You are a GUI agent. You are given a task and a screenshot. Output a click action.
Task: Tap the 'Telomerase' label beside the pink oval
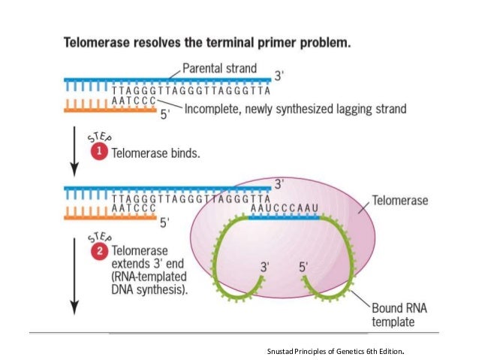tap(400, 201)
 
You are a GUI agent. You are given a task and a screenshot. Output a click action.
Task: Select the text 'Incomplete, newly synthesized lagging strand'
tap(295, 109)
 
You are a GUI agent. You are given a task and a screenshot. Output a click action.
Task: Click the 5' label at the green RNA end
tap(304, 266)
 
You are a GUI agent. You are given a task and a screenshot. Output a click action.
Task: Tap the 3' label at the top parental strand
tap(279, 75)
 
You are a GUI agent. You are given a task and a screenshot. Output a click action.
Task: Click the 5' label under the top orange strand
tap(168, 115)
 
